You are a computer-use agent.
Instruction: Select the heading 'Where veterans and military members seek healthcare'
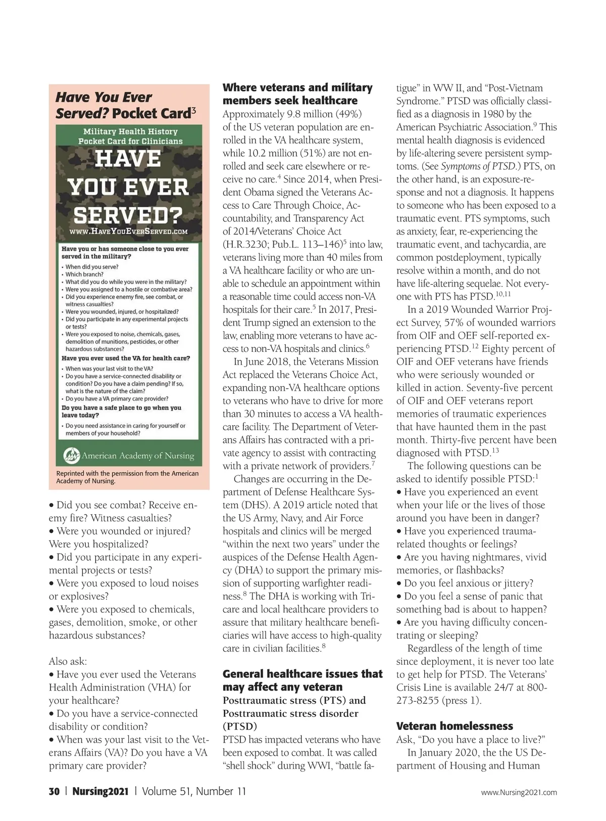[297, 94]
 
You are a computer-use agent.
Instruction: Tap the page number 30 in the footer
[54, 791]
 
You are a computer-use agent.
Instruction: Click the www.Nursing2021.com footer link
[519, 792]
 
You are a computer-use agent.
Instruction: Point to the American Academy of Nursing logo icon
[71, 455]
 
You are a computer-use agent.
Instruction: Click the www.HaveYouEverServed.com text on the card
[128, 232]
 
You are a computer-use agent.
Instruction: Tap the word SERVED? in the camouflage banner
[128, 214]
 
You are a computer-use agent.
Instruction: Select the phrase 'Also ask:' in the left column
[68, 661]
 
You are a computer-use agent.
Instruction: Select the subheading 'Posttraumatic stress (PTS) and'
[294, 700]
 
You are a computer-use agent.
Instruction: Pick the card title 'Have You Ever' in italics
[104, 97]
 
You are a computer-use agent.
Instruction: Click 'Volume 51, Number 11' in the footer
[194, 791]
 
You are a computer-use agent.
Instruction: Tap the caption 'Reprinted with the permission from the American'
[127, 473]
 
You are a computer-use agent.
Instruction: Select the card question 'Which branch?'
[84, 275]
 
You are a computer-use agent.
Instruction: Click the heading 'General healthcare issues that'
[302, 674]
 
